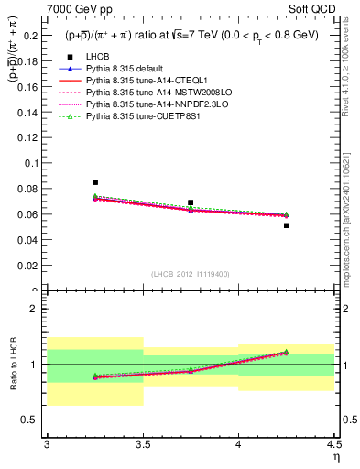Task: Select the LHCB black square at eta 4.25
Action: (287, 225)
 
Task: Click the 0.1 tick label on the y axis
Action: (32, 163)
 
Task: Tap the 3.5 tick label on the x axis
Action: (142, 444)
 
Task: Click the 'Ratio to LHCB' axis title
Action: (11, 365)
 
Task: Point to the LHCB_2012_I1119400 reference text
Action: (191, 274)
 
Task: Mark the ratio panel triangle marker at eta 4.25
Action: (287, 352)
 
